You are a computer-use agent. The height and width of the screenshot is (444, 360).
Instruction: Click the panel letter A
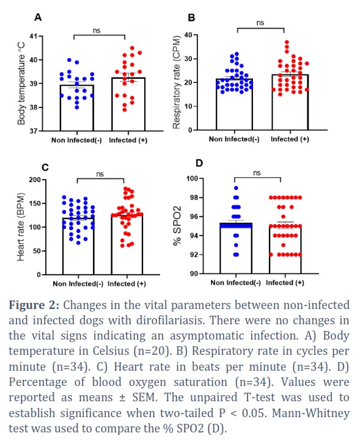click(x=38, y=17)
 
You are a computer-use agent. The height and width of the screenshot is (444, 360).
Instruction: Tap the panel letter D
click(x=199, y=164)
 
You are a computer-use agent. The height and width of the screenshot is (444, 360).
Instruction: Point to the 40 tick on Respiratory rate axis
click(x=188, y=35)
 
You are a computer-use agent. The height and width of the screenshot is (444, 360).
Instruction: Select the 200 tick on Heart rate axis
click(x=35, y=180)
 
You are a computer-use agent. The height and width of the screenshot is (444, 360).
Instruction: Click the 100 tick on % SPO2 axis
click(x=192, y=178)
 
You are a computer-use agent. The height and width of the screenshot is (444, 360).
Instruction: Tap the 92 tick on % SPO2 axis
click(x=194, y=255)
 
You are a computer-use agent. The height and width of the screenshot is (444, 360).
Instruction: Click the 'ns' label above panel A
click(x=97, y=31)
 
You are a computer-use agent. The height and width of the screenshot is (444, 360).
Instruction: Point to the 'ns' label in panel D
click(x=257, y=173)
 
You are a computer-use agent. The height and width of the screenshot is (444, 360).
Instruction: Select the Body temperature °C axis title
click(x=21, y=84)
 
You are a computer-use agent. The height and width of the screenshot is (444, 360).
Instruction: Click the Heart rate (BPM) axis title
click(x=21, y=227)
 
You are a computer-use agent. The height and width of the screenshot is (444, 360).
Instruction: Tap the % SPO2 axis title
click(x=177, y=226)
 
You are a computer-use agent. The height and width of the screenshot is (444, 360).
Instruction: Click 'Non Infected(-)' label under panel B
click(x=234, y=139)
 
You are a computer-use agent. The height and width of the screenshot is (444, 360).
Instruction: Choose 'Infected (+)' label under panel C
click(x=127, y=283)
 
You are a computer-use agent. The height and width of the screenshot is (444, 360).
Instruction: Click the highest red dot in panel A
click(x=132, y=48)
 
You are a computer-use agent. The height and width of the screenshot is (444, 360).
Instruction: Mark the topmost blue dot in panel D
click(x=236, y=188)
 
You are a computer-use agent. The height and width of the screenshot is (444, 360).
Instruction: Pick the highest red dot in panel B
click(x=287, y=42)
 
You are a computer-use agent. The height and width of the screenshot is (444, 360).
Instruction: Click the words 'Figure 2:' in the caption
click(x=34, y=305)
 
